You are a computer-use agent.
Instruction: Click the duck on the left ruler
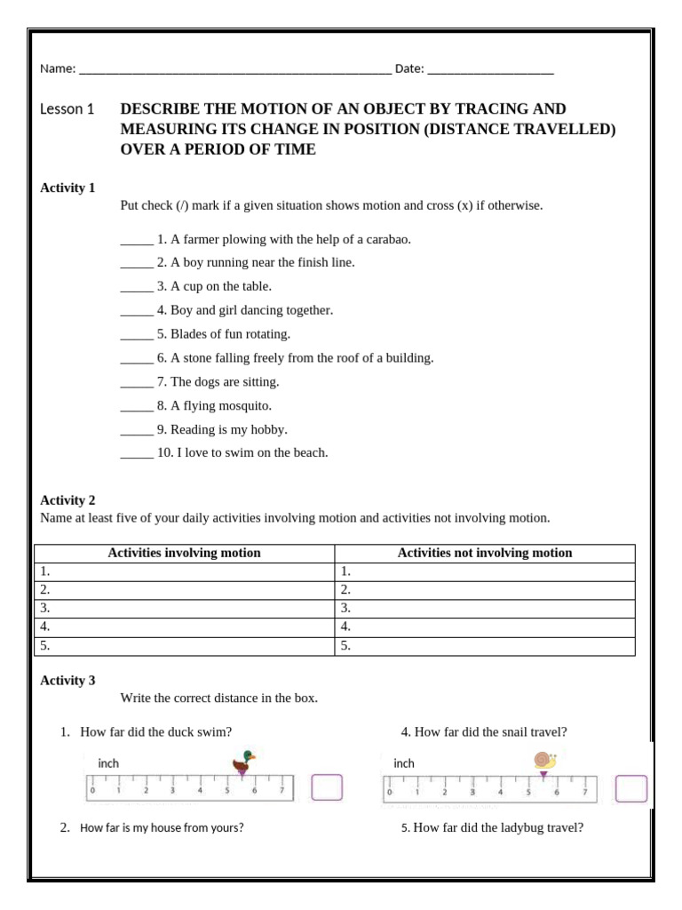pos(243,762)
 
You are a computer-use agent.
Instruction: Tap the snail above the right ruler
pos(544,760)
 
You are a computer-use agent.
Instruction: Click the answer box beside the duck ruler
pos(327,788)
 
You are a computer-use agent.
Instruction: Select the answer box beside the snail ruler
pos(631,789)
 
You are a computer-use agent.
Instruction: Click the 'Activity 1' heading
pos(67,188)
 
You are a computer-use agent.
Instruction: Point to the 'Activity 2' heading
pos(67,500)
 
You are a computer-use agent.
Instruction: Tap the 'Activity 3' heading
pos(67,681)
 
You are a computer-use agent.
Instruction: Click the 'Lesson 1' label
pos(67,109)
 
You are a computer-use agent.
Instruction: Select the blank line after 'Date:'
pos(490,69)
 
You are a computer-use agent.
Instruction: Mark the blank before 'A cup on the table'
pos(137,287)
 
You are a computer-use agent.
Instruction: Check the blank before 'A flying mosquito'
pos(137,406)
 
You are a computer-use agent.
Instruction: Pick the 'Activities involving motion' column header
pos(184,553)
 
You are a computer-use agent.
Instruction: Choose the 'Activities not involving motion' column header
pos(485,553)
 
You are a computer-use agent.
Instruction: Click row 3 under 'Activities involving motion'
pos(184,609)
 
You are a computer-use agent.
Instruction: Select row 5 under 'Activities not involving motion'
pos(485,646)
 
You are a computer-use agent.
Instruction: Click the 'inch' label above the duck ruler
pos(108,763)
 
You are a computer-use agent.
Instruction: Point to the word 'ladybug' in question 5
pos(510,827)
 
